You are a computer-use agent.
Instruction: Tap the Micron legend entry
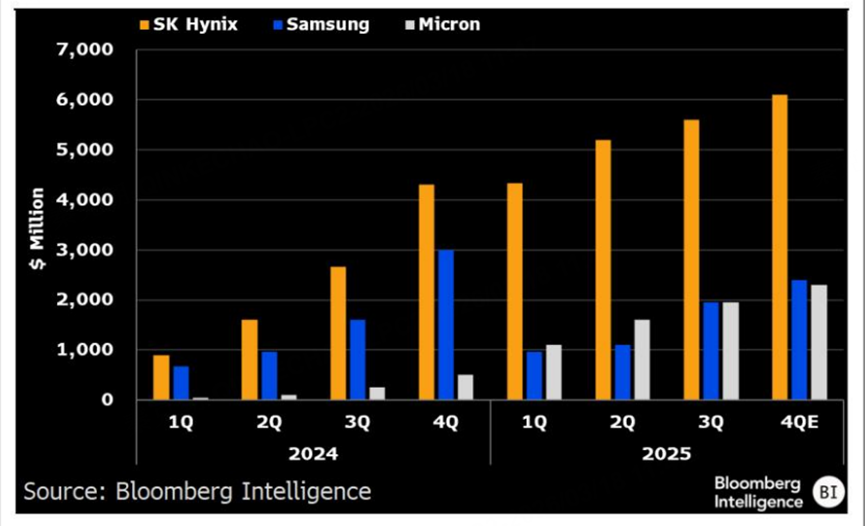click(x=439, y=24)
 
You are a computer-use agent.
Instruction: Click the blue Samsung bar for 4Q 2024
click(x=445, y=325)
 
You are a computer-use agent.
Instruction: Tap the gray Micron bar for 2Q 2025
click(x=640, y=360)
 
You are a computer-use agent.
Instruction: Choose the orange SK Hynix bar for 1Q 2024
click(x=161, y=377)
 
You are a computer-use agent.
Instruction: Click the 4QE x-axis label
click(x=798, y=423)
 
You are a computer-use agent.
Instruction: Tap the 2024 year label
click(x=313, y=453)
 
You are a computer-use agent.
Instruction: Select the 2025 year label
click(x=666, y=453)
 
